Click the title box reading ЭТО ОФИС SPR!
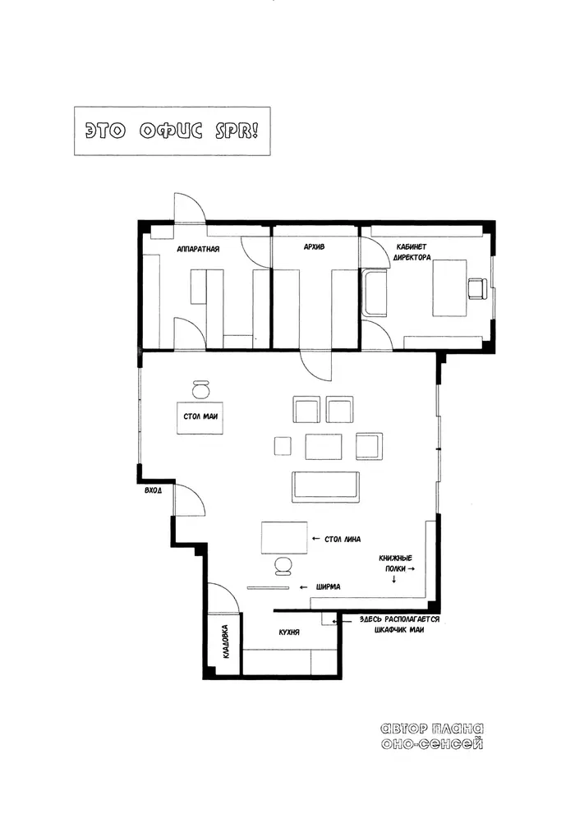172,131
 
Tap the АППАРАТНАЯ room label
198,249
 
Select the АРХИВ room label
314,246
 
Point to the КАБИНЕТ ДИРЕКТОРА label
412,252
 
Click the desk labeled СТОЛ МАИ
200,418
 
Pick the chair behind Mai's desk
200,389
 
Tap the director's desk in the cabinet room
449,287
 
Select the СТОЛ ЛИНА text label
343,539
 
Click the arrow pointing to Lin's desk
315,539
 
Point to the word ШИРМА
329,586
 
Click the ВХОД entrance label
153,490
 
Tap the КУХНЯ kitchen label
289,632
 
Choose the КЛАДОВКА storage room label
225,641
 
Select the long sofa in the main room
326,486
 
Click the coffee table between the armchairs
324,446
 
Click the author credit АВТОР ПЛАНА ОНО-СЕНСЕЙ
431,736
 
